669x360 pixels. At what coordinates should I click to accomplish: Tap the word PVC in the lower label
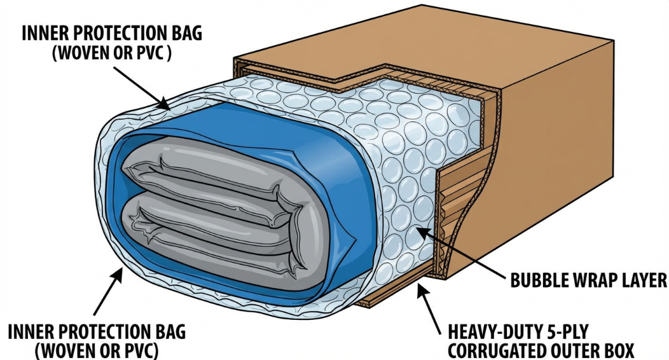[x=138, y=351]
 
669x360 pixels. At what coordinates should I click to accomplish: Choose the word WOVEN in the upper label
[x=83, y=54]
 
